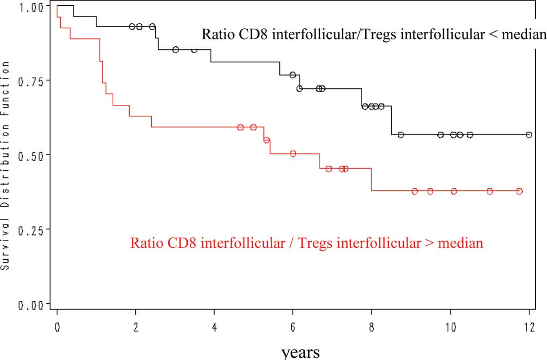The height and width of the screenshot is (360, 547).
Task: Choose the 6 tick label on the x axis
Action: pyautogui.click(x=293, y=327)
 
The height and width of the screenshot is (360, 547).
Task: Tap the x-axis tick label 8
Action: pyautogui.click(x=372, y=327)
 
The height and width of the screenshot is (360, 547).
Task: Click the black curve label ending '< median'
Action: pyautogui.click(x=373, y=35)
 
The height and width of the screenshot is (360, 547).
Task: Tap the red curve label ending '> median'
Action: pyautogui.click(x=307, y=242)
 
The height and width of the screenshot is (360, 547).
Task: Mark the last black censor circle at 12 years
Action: pyautogui.click(x=529, y=135)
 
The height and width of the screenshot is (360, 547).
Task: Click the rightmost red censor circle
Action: pyautogui.click(x=520, y=191)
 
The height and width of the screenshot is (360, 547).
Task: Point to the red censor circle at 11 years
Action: pyautogui.click(x=490, y=191)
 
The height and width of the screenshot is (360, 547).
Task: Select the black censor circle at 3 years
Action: pyautogui.click(x=175, y=50)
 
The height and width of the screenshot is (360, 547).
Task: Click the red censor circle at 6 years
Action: pyautogui.click(x=293, y=154)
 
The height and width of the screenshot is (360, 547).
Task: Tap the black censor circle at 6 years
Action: pyautogui.click(x=293, y=75)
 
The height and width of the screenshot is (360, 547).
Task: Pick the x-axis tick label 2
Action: pyautogui.click(x=135, y=327)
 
